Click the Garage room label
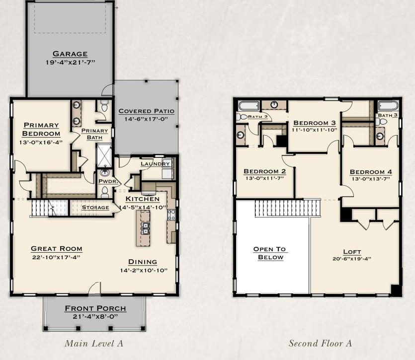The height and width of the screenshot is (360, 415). click(70, 54)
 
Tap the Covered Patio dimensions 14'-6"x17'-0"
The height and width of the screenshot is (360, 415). click(146, 119)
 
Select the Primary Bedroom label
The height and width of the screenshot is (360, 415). click(41, 129)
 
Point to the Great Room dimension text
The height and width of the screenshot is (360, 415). click(56, 257)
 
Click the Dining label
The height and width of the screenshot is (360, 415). click(143, 262)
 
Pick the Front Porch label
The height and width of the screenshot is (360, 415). click(95, 308)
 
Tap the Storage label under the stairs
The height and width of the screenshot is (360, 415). click(95, 208)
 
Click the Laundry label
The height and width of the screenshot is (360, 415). click(155, 164)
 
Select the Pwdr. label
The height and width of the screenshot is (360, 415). click(108, 181)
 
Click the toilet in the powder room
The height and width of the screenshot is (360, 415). click(105, 192)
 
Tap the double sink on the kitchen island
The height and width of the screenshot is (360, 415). click(145, 228)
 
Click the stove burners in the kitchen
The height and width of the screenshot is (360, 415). click(171, 215)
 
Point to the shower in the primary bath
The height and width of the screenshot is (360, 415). click(104, 155)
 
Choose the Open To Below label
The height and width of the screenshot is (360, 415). click(270, 253)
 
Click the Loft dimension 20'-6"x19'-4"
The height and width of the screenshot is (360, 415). click(352, 259)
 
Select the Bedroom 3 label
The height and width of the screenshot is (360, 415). click(315, 123)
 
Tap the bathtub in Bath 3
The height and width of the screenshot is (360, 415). click(388, 106)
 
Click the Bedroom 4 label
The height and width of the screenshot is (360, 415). click(371, 172)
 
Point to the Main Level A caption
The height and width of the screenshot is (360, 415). click(94, 343)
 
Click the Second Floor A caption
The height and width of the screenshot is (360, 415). click(320, 343)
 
